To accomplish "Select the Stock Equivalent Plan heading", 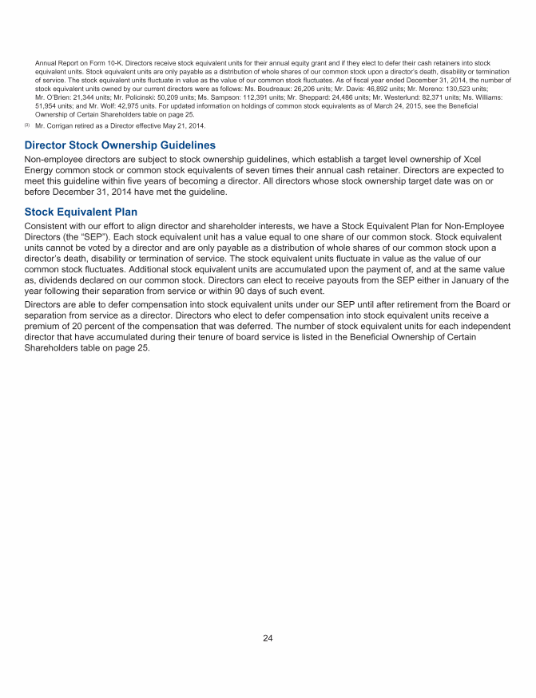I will (x=81, y=212).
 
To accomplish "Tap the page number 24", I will (x=268, y=637).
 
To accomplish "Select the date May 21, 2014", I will (x=173, y=126).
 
